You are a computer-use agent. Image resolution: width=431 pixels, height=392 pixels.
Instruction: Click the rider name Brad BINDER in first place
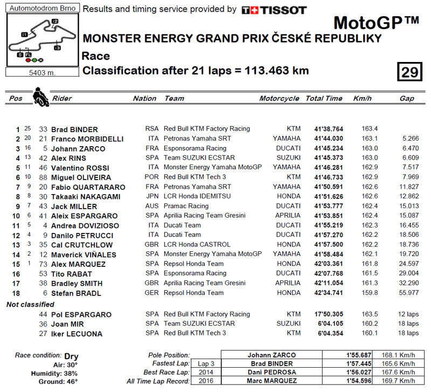(x=74, y=129)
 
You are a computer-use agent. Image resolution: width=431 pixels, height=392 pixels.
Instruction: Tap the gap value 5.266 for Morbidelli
(x=409, y=139)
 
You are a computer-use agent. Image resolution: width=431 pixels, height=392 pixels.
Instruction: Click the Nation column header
(x=144, y=99)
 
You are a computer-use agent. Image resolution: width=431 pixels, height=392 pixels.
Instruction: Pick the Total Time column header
(x=324, y=99)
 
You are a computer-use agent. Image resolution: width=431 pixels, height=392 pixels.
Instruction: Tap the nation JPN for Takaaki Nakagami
(x=151, y=197)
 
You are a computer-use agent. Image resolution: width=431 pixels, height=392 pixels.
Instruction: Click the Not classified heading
(x=30, y=305)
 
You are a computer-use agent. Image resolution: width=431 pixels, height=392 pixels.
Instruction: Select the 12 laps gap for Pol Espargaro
(x=408, y=314)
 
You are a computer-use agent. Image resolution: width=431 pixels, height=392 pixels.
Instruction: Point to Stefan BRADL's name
(x=76, y=293)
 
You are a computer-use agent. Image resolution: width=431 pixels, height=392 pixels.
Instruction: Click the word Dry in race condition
(x=71, y=356)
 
